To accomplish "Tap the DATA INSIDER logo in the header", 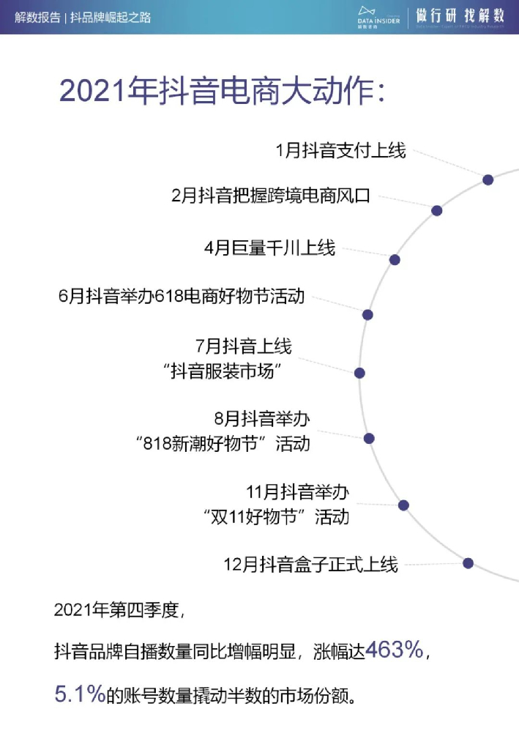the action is [378, 15].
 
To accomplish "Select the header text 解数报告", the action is [37, 17].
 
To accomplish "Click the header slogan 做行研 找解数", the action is [462, 15].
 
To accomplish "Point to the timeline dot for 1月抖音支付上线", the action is [488, 179].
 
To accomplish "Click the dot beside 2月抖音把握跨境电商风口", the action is [437, 210].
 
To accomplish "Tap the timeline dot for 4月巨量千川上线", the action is [395, 259].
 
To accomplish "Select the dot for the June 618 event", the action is [367, 314].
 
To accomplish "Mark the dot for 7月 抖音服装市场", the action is [359, 373].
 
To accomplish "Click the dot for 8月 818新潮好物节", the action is [369, 438].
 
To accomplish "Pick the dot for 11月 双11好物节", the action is [403, 505].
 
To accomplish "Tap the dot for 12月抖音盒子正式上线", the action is [468, 562].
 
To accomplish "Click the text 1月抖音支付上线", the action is [340, 152].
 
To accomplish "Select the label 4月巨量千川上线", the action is [269, 248].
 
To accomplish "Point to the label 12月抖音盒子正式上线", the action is [310, 565].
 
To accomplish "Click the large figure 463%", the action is [395, 650].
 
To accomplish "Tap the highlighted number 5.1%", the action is [80, 694].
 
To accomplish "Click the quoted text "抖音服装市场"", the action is [223, 372].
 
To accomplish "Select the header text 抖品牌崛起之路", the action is [111, 17].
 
